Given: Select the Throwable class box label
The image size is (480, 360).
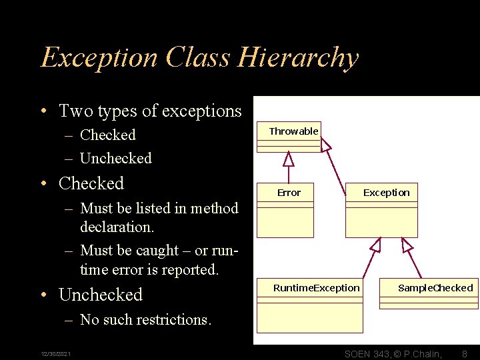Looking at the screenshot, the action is [x=293, y=131].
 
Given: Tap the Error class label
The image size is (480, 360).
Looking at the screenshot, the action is [x=289, y=193].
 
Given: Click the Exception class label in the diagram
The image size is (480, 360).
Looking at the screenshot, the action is [x=386, y=193].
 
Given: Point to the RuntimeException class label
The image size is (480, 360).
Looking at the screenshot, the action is [x=316, y=288].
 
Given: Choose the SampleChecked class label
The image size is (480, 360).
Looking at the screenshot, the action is [x=435, y=288].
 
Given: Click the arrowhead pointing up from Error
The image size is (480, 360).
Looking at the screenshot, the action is [x=288, y=159].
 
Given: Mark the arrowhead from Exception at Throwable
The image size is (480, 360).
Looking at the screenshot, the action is [x=325, y=144].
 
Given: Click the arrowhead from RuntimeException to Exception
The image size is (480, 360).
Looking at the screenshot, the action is [x=375, y=245].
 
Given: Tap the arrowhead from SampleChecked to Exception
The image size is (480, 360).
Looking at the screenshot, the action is [x=407, y=245].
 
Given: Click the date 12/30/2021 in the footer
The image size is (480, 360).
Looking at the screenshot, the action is [x=57, y=353].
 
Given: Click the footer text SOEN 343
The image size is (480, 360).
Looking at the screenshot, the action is [x=367, y=353].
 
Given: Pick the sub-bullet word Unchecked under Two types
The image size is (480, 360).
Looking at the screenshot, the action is [x=115, y=158].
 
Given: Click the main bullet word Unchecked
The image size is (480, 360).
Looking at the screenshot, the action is [x=101, y=295].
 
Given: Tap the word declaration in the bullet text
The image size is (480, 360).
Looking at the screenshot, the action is [x=117, y=227].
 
